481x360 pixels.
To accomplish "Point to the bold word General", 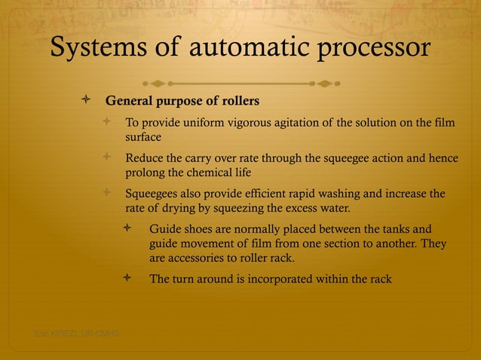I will (129, 101).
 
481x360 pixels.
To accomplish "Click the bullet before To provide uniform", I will (107, 123).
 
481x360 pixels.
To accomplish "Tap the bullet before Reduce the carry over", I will (107, 157).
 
